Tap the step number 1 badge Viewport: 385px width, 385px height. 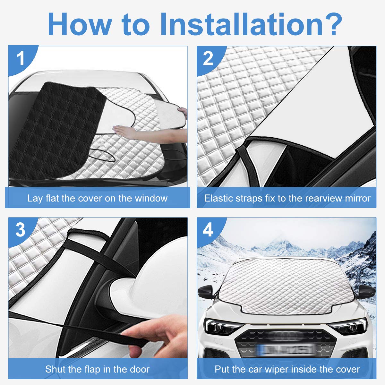[x=21, y=59]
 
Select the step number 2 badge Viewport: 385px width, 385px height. [x=208, y=58]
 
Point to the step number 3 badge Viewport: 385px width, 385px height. [x=20, y=230]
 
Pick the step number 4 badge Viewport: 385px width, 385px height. [x=208, y=230]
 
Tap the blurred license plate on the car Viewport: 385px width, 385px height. [x=286, y=349]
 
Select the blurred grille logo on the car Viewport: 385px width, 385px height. [x=286, y=336]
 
